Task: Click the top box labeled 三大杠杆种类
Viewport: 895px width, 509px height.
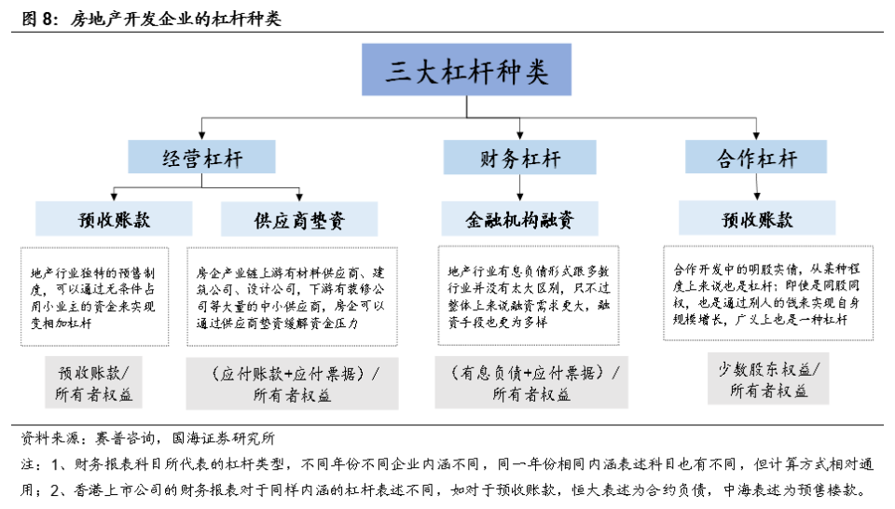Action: (x=467, y=72)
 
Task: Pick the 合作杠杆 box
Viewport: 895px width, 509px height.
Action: (x=756, y=158)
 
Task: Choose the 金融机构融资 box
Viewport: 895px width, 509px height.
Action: (x=519, y=220)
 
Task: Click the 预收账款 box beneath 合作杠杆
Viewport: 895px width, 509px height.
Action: (x=756, y=220)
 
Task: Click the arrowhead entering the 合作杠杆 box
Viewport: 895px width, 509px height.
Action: (x=756, y=136)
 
